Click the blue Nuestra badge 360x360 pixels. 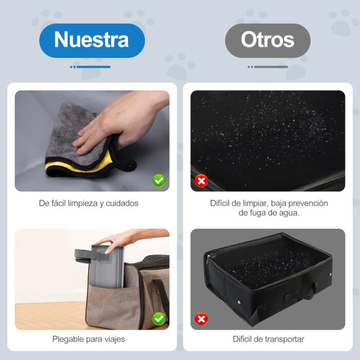(92, 40)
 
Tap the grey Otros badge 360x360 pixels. (267, 40)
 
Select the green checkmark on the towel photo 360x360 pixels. (159, 181)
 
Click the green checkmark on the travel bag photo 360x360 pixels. (159, 319)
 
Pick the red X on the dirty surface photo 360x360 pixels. (201, 181)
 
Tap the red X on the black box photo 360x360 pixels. (201, 319)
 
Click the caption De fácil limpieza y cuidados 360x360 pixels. (88, 203)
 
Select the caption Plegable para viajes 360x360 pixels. (88, 339)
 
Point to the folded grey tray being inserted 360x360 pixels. (105, 267)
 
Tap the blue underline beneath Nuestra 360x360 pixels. (91, 67)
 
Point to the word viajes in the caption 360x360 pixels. (114, 339)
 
